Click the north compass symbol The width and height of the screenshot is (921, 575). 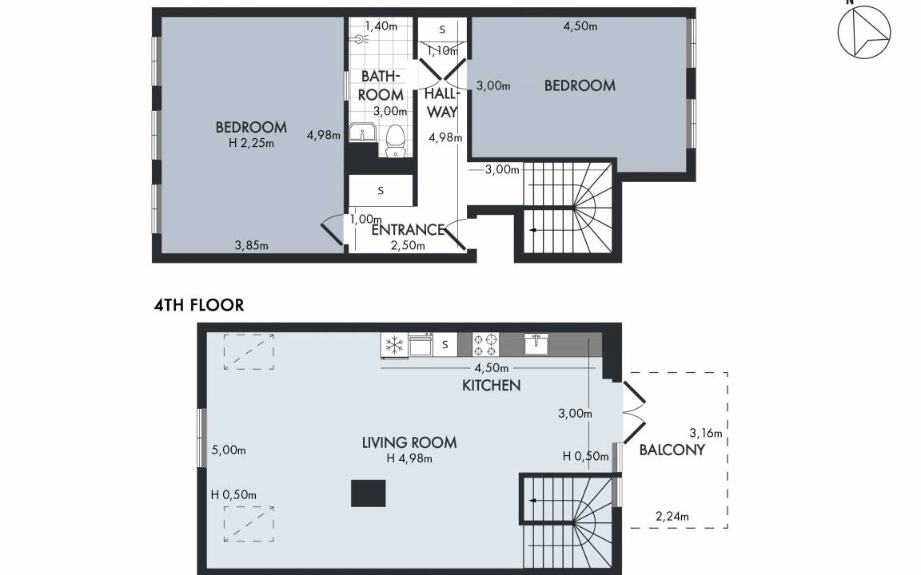pos(863,32)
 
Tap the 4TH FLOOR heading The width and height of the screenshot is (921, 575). pos(198,305)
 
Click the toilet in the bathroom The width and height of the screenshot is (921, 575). pos(396,141)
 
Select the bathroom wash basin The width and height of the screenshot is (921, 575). pos(362,133)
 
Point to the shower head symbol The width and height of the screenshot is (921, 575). pos(361,39)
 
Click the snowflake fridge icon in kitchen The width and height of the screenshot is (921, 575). pos(393,344)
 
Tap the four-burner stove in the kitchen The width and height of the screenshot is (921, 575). pos(486,344)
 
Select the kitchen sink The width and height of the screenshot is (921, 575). pos(536,344)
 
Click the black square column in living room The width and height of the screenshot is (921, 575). pos(369,493)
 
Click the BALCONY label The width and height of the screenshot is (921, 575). pos(672,450)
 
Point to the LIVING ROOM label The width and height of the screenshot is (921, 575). pos(409,442)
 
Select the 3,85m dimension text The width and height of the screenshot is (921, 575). pos(251,246)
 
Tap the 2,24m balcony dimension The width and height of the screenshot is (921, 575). pos(672,517)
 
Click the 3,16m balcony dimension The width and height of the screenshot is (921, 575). pos(705,434)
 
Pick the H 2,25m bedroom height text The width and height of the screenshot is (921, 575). pos(251,143)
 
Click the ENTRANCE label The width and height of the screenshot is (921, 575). pos(408,229)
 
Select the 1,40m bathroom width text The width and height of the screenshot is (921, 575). pos(381,26)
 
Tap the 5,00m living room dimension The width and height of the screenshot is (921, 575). pos(229,450)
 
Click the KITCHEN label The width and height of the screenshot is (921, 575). pos(492,386)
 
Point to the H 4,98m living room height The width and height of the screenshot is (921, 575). pos(409,458)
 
